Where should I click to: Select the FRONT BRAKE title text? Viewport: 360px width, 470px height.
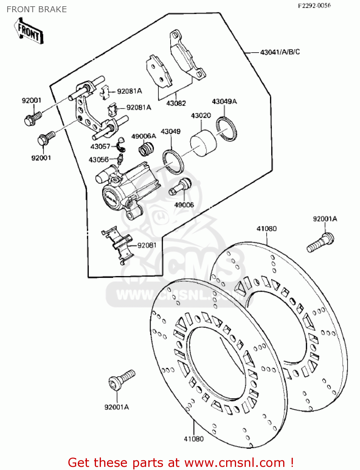[x=37, y=9]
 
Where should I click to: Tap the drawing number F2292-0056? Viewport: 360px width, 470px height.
[x=314, y=5]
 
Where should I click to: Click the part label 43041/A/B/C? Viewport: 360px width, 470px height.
[x=280, y=52]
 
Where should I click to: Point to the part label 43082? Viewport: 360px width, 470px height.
[x=176, y=103]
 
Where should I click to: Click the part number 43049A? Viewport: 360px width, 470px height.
[x=224, y=102]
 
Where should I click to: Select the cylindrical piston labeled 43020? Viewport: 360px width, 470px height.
[x=203, y=144]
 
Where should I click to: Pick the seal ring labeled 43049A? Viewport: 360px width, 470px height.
[x=226, y=128]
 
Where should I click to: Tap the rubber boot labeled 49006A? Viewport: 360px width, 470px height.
[x=146, y=148]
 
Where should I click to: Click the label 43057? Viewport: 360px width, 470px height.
[x=100, y=146]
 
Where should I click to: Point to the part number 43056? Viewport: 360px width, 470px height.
[x=98, y=160]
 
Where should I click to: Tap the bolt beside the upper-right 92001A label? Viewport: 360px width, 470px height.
[x=320, y=243]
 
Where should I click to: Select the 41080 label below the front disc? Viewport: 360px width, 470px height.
[x=193, y=439]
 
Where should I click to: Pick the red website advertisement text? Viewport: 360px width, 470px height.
[x=181, y=462]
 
